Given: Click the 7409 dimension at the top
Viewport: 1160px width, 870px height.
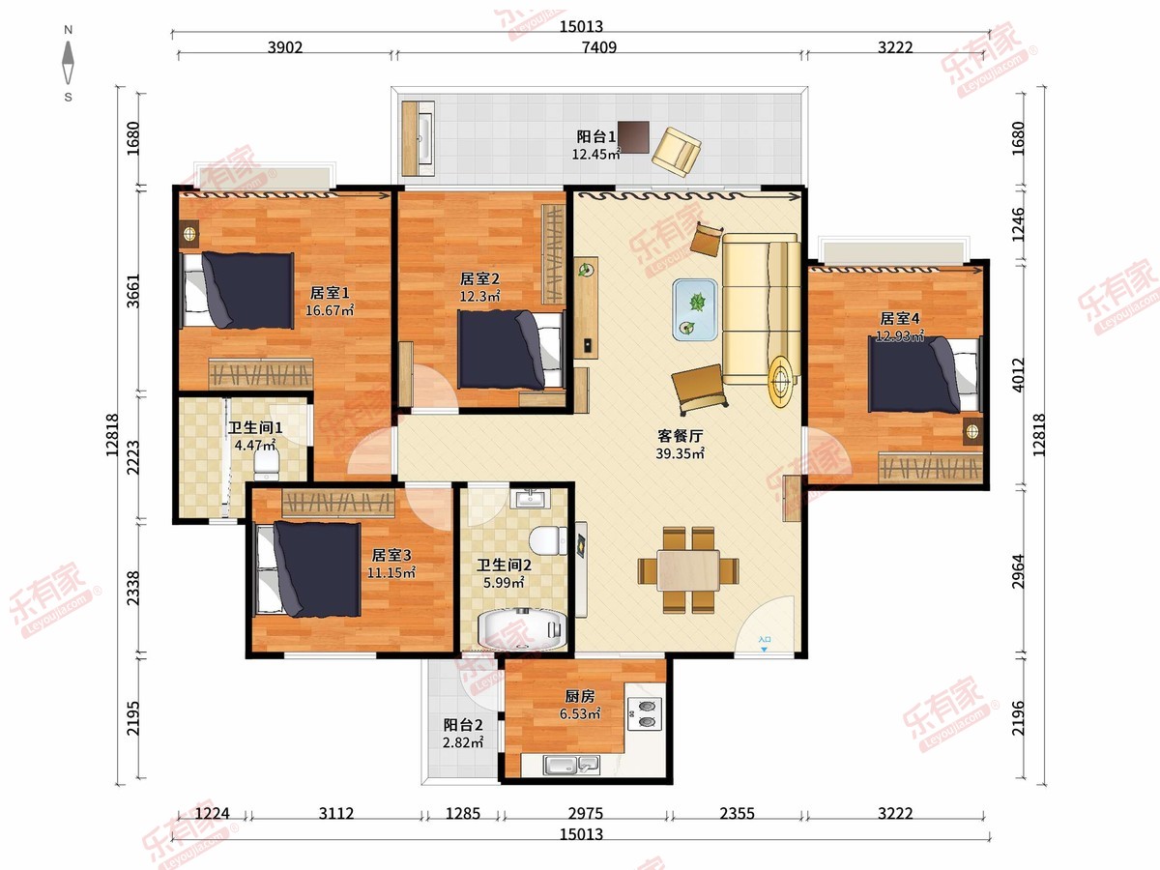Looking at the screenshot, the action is [598, 47].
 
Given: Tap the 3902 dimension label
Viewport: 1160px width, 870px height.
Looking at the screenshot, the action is [285, 47].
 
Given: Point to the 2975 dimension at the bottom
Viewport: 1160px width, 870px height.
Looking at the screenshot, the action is [586, 813].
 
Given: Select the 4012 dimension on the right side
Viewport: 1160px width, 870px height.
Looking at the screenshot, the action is [1018, 374].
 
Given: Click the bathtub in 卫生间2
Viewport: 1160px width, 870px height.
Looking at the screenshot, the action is [522, 630].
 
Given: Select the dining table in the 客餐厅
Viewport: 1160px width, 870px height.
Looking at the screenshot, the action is [688, 570].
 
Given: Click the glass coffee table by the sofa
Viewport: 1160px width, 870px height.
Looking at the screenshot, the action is [695, 309].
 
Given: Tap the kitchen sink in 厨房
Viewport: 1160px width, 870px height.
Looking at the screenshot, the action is [572, 765].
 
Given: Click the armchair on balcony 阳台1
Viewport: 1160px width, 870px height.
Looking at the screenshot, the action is [677, 152].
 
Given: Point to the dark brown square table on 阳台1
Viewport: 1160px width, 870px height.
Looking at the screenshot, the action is [633, 137].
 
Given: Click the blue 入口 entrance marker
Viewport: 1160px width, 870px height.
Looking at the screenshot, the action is [765, 644].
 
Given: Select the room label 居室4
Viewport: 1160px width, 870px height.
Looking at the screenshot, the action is [899, 319].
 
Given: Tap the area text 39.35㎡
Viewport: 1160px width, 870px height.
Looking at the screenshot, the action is [680, 453].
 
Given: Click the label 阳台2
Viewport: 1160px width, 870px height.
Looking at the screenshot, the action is [463, 725].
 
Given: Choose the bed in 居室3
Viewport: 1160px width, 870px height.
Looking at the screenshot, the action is [307, 569].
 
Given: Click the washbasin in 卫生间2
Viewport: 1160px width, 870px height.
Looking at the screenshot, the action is [530, 498].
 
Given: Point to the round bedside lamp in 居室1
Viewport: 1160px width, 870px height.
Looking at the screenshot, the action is [189, 233].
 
